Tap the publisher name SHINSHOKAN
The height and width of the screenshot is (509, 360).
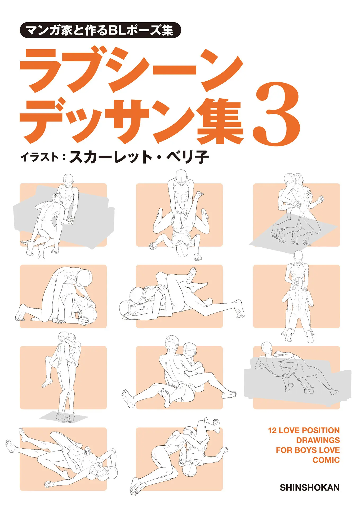coord(309,487)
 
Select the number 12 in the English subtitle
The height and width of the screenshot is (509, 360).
coord(272,430)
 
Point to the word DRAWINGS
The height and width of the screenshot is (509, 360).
coord(318,440)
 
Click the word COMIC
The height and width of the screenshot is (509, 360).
coord(326,460)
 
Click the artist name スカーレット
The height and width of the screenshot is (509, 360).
coord(110,157)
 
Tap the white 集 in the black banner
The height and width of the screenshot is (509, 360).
coord(167,30)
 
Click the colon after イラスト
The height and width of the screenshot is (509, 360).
coord(64,157)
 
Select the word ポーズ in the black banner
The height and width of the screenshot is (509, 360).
coord(143,30)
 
